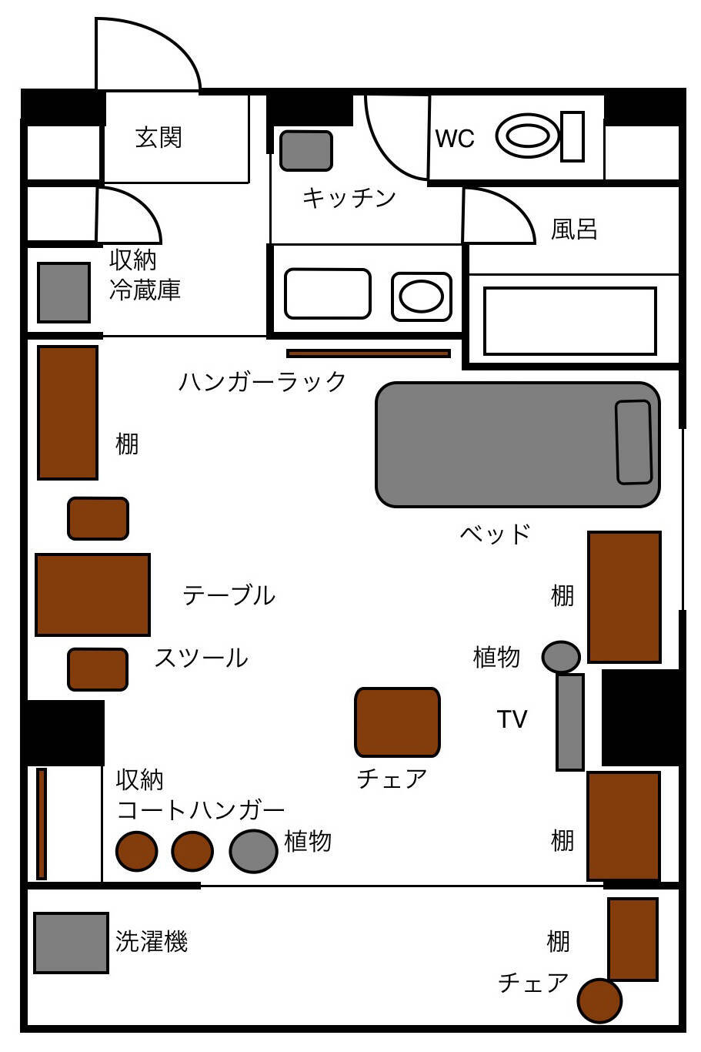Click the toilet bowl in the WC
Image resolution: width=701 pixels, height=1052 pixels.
pyautogui.click(x=528, y=136)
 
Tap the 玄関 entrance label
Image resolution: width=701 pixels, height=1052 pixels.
pyautogui.click(x=159, y=138)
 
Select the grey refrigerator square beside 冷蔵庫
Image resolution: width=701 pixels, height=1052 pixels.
pyautogui.click(x=64, y=293)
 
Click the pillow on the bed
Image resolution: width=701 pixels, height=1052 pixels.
pyautogui.click(x=633, y=442)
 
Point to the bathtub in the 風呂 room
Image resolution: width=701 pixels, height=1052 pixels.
pyautogui.click(x=569, y=321)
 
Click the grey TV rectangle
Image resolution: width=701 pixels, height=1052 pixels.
pyautogui.click(x=569, y=722)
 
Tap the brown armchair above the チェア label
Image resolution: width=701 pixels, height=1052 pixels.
pyautogui.click(x=397, y=722)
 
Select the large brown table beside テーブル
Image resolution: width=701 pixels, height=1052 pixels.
pyautogui.click(x=92, y=595)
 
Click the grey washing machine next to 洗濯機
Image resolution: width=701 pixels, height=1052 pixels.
pyautogui.click(x=71, y=943)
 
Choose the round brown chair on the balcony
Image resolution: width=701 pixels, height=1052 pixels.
pyautogui.click(x=599, y=1000)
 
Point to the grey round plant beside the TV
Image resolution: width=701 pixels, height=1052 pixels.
pyautogui.click(x=561, y=657)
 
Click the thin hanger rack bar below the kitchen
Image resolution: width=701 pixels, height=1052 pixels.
pyautogui.click(x=369, y=353)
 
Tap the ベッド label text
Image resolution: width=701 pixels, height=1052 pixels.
pyautogui.click(x=496, y=533)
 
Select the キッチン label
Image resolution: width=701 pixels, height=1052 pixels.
pyautogui.click(x=349, y=198)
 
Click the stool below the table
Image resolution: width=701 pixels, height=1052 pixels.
pyautogui.click(x=98, y=669)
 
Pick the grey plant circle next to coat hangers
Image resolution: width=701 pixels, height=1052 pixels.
pyautogui.click(x=253, y=851)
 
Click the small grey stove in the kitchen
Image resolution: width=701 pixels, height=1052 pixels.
pyautogui.click(x=305, y=151)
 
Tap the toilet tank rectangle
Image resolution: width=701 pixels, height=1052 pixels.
pyautogui.click(x=572, y=136)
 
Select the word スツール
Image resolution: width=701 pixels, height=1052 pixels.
pyautogui.click(x=201, y=658)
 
